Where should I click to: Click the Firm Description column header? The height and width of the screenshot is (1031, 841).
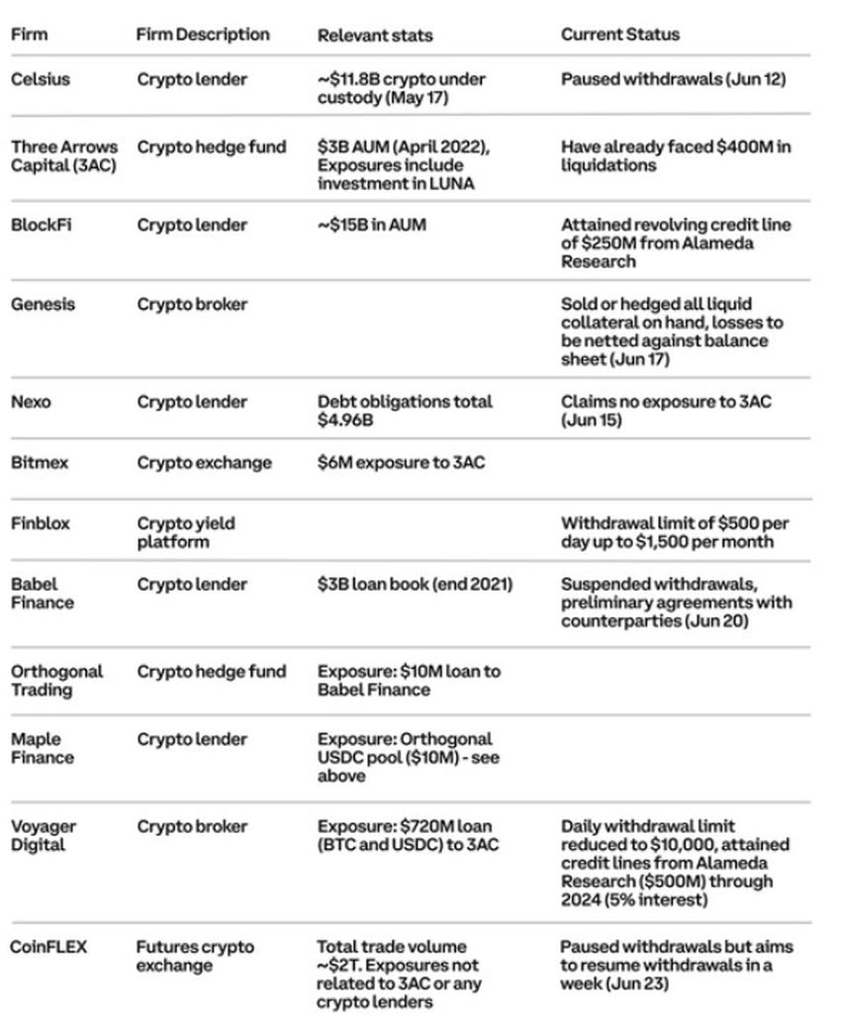(x=203, y=35)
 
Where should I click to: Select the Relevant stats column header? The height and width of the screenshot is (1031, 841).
(x=375, y=36)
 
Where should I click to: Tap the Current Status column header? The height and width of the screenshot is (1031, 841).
(x=620, y=35)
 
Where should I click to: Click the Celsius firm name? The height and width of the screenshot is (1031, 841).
(x=41, y=79)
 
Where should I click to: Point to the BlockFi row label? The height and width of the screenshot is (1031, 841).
(x=42, y=226)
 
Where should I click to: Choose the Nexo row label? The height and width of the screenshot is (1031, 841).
(x=31, y=403)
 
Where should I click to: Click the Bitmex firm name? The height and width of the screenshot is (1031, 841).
(x=40, y=462)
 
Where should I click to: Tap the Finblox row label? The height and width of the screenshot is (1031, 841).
(x=41, y=523)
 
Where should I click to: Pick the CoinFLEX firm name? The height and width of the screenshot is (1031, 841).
(x=48, y=947)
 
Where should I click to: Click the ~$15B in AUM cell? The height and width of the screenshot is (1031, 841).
(x=371, y=226)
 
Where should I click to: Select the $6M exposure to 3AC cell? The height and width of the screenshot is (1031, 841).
(x=402, y=462)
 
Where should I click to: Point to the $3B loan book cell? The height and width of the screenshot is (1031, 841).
(x=416, y=584)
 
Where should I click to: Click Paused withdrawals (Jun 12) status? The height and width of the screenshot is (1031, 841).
(x=674, y=79)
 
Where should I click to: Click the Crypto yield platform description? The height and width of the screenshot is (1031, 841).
(x=186, y=532)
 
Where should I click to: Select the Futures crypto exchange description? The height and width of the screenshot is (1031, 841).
(x=194, y=956)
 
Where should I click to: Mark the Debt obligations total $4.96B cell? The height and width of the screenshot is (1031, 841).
(x=405, y=412)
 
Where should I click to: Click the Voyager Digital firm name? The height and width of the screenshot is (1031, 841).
(x=44, y=835)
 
